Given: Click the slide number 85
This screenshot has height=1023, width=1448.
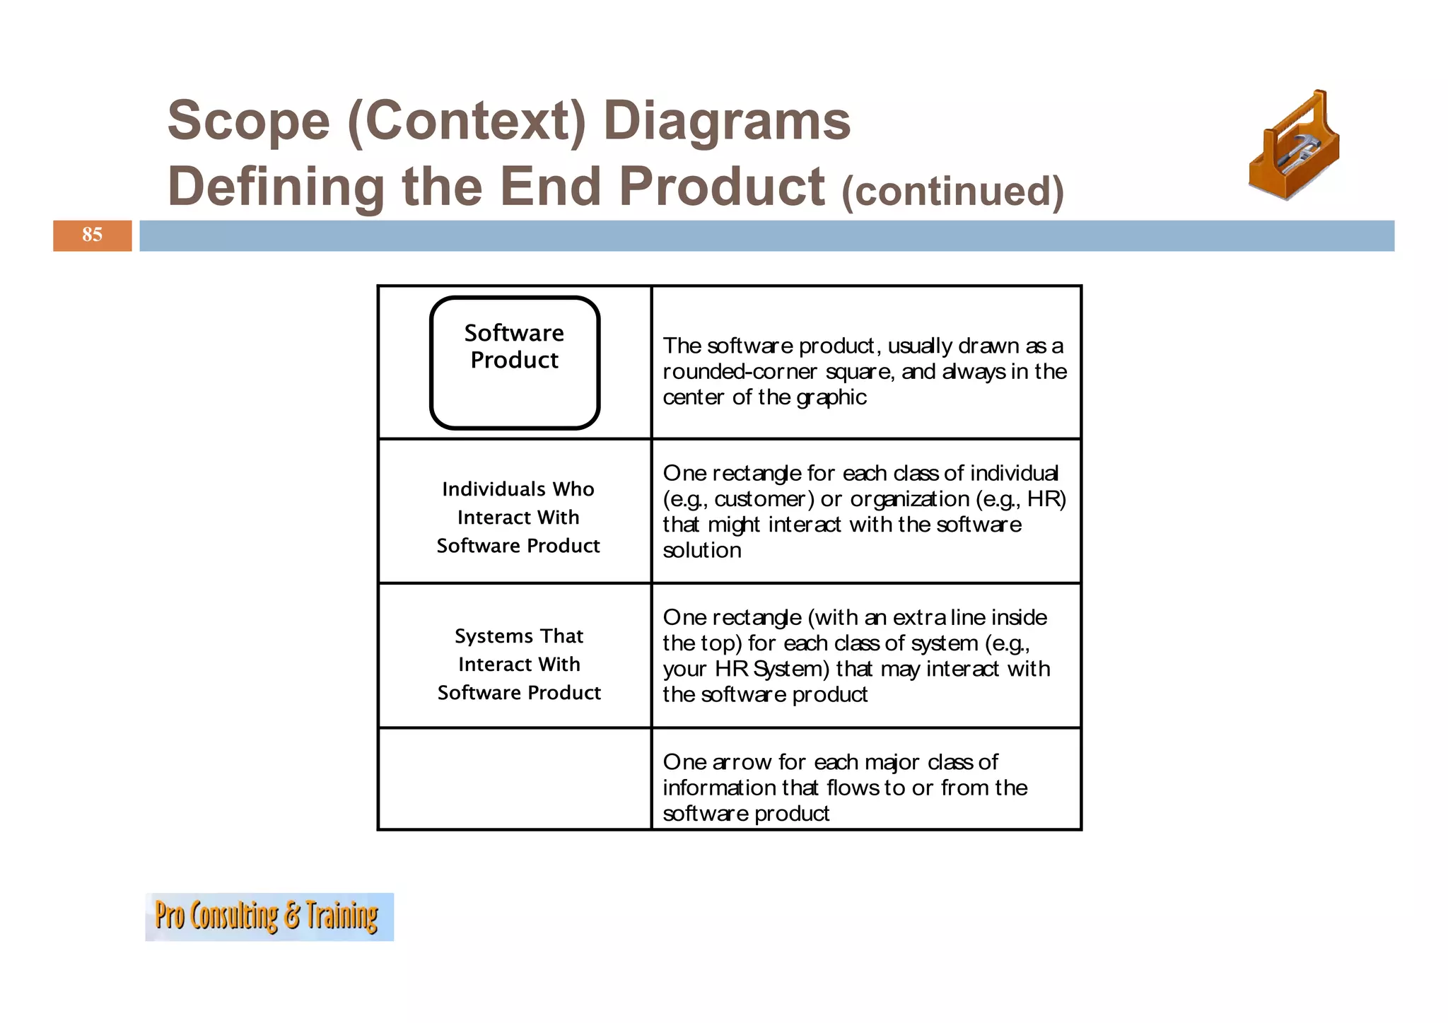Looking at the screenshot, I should click(92, 235).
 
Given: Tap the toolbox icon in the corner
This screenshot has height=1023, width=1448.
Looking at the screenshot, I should click(1293, 146).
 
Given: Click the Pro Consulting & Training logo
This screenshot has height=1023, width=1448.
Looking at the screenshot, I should click(269, 916).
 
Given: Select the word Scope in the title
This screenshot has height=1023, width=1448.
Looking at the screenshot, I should click(248, 120).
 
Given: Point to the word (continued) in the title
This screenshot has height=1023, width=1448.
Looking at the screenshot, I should click(952, 191).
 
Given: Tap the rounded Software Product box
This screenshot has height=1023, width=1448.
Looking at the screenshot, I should click(515, 362).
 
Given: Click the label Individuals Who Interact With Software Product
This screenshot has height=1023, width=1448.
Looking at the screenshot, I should click(518, 517).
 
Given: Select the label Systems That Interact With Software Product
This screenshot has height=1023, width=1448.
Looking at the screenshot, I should click(519, 664).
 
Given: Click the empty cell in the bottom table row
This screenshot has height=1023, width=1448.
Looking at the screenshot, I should click(515, 778).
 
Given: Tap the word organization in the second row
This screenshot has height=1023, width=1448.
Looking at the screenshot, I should click(909, 499).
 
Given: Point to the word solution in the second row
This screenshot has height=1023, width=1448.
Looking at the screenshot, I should click(702, 550).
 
